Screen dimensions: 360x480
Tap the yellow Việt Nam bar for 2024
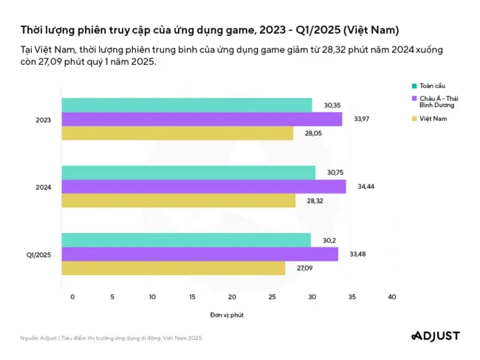(x=178, y=201)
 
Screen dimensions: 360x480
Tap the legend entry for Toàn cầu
(x=430, y=86)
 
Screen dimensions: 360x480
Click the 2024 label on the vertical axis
(x=44, y=187)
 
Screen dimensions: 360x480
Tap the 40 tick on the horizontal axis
(x=391, y=297)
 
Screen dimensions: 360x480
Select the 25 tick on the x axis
(x=272, y=297)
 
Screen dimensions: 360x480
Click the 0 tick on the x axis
(x=72, y=297)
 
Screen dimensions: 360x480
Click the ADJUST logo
(x=435, y=336)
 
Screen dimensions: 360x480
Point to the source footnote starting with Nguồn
(x=111, y=338)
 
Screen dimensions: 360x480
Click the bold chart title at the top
(x=210, y=30)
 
